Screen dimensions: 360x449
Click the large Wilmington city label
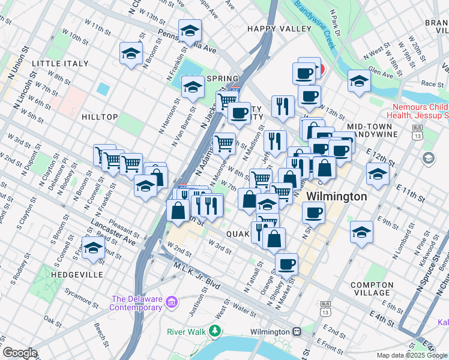[x=336, y=197]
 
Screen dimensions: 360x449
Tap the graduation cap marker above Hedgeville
[x=93, y=248]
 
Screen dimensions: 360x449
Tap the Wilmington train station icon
[x=297, y=332]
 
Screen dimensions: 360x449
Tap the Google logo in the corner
[x=20, y=352]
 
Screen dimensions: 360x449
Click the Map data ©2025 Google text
[x=411, y=355]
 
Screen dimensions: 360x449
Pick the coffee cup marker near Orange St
[x=286, y=263]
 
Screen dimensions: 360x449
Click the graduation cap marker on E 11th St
[x=378, y=175]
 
